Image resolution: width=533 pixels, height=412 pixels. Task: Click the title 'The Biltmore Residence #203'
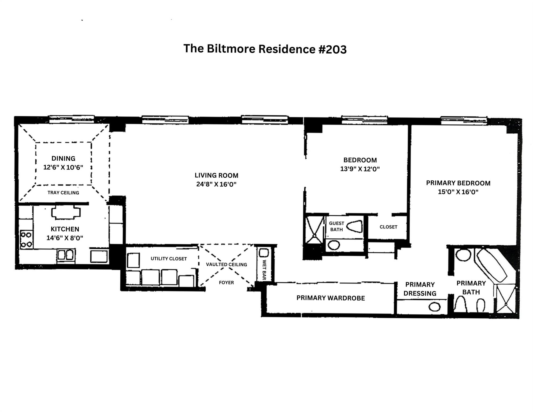265,49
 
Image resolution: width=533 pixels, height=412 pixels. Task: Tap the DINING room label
63,158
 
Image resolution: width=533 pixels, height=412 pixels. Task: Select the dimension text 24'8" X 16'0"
216,184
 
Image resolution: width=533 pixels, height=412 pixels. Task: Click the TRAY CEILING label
63,193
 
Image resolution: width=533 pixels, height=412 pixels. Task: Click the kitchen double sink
66,255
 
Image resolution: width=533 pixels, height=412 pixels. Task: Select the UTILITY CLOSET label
169,259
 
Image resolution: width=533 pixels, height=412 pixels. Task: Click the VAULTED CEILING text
226,264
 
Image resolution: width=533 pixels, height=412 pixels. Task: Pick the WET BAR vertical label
264,270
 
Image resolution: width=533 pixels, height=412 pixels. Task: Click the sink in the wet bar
264,253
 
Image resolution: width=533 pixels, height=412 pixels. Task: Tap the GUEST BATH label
336,226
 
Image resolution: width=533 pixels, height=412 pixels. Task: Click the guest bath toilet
354,226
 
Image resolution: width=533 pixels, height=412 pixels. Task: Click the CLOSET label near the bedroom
388,227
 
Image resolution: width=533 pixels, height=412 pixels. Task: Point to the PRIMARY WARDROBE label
331,298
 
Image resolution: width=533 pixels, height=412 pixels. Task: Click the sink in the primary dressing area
434,307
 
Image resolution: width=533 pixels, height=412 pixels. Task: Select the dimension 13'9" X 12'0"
360,169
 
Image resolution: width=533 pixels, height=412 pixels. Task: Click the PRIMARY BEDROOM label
458,183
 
